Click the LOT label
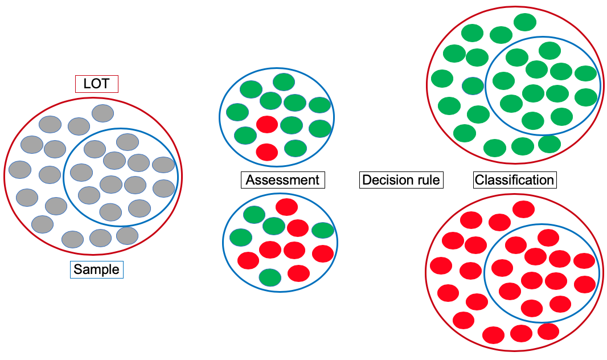pyautogui.click(x=96, y=84)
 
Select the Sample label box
pyautogui.click(x=97, y=269)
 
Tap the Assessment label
pyautogui.click(x=282, y=180)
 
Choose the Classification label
pyautogui.click(x=514, y=180)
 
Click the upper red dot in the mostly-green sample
pyautogui.click(x=267, y=124)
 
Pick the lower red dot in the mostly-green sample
pyautogui.click(x=267, y=152)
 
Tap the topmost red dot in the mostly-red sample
pyautogui.click(x=286, y=207)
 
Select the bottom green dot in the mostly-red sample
pyautogui.click(x=270, y=277)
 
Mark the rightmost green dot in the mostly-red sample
pyautogui.click(x=323, y=230)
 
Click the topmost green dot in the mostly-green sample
pyautogui.click(x=284, y=82)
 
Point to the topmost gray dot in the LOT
pyautogui.click(x=103, y=113)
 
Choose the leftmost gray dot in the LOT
pyautogui.click(x=20, y=169)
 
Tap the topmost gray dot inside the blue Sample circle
pyautogui.click(x=128, y=142)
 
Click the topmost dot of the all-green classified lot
pyautogui.click(x=525, y=22)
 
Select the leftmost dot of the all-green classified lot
pyautogui.click(x=442, y=78)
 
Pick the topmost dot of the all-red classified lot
pyautogui.click(x=524, y=210)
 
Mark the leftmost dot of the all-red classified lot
pyautogui.click(x=441, y=265)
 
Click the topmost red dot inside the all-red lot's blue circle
pyautogui.click(x=548, y=238)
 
